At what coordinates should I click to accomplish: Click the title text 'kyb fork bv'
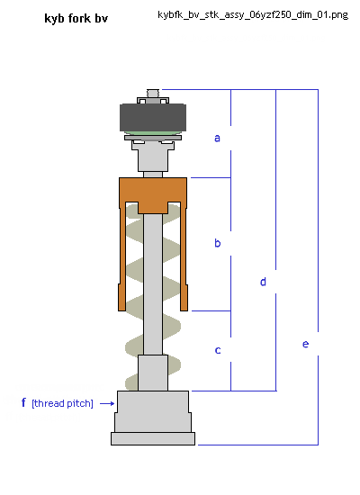coord(76,19)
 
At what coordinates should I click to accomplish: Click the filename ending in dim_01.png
coord(253,14)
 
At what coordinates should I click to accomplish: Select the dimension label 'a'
coord(217,138)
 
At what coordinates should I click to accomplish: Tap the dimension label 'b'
coord(217,243)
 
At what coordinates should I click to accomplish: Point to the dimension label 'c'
coord(218,350)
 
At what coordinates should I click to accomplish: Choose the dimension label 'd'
coord(263,282)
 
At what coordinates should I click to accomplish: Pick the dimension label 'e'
coord(305,344)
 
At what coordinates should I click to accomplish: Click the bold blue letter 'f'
coord(23,402)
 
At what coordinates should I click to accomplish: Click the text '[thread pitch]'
coord(62,403)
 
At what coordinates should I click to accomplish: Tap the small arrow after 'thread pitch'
coord(107,403)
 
